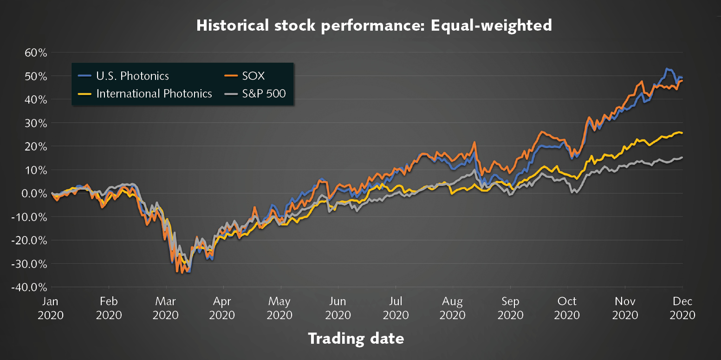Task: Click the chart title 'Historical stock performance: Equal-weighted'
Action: click(x=374, y=25)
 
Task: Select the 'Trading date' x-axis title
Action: click(x=356, y=338)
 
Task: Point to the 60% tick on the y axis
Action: click(x=36, y=52)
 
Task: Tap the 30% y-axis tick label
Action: click(x=36, y=123)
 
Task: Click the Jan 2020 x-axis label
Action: click(x=50, y=308)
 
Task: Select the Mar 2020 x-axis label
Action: click(x=166, y=308)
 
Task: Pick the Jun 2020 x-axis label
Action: click(x=338, y=308)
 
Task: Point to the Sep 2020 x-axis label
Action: click(x=510, y=308)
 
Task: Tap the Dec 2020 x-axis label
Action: click(x=682, y=308)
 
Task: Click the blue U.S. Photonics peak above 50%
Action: click(x=667, y=69)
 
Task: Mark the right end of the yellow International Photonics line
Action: click(x=682, y=133)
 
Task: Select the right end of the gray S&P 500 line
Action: click(x=682, y=157)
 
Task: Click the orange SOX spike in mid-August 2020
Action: click(x=474, y=142)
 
